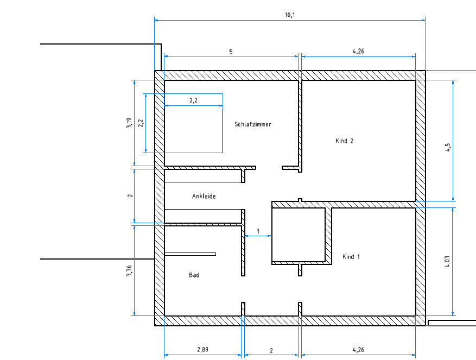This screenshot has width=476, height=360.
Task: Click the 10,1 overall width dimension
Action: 290,15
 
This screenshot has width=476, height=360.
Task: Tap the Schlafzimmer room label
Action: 253,124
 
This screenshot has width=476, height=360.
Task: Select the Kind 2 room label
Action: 344,141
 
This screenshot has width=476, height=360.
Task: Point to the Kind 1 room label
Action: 351,257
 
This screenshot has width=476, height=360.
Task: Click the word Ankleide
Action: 204,196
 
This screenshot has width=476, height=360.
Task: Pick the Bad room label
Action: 194,275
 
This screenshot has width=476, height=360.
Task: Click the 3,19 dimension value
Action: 129,123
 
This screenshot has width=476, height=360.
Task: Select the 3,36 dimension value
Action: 129,271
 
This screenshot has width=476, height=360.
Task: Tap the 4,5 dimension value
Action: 448,148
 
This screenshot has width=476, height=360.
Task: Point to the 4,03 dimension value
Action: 447,262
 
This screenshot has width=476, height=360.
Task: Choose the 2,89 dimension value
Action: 203,349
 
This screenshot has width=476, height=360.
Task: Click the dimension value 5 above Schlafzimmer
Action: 231,52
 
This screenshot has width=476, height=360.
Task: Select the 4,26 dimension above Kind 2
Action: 358,51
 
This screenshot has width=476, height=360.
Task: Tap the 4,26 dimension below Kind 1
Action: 358,350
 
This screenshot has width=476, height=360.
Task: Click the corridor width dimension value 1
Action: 258,231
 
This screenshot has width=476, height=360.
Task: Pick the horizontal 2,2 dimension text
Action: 193,100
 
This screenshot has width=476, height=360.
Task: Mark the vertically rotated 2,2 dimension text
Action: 141,123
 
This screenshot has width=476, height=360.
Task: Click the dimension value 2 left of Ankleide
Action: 130,195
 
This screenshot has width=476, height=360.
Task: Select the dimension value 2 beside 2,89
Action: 271,351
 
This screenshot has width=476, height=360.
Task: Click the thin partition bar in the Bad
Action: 191,254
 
